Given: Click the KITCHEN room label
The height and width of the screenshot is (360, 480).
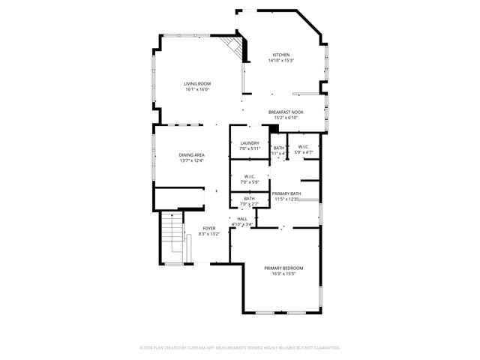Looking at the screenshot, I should coord(281,55).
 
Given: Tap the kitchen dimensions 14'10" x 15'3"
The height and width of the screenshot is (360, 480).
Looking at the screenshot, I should coord(281,61).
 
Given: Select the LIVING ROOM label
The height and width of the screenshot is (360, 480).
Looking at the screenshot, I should coord(197,83).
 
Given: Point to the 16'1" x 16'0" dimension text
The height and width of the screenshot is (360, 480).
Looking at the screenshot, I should coord(197,89).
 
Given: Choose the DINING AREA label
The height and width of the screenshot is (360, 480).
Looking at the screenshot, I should coord(192,154).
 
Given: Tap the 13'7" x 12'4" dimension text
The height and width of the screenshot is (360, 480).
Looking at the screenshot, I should coord(192,160).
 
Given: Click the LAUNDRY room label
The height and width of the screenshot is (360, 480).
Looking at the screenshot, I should coord(250,142).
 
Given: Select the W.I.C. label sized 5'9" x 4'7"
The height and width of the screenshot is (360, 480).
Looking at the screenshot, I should coord(304,146).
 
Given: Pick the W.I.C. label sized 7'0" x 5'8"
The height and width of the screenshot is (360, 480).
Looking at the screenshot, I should coord(250,177).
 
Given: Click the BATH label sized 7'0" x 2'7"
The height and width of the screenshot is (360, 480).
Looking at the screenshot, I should coord(249,198).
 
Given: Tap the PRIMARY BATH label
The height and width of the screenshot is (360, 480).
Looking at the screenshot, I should coord(286,193).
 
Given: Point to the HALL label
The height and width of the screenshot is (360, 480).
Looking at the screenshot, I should coord(242,218).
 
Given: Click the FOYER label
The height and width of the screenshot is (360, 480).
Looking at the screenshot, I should coord(209,228).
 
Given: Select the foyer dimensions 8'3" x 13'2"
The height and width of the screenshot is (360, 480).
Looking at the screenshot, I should coord(209,234).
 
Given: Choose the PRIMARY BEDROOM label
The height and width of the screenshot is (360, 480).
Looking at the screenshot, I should coord(283,268).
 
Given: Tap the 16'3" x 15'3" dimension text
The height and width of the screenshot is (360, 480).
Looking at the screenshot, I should coord(283,274).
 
